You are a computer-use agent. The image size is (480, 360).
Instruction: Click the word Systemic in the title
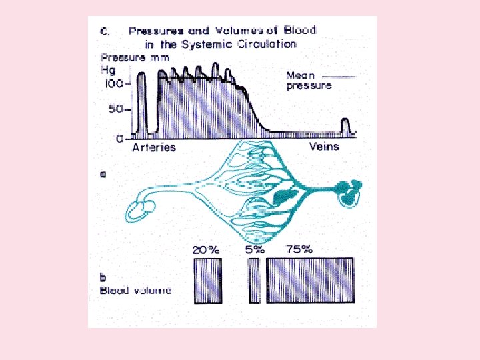click(x=207, y=44)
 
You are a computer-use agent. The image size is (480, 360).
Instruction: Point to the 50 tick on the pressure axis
click(x=116, y=111)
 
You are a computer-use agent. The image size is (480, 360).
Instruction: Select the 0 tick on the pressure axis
click(x=119, y=139)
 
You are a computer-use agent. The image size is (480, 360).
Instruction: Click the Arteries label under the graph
click(x=153, y=147)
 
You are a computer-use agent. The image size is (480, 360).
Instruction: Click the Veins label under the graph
click(x=324, y=147)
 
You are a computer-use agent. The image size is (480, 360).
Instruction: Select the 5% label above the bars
click(x=254, y=249)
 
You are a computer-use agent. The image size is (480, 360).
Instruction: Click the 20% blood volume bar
click(x=207, y=281)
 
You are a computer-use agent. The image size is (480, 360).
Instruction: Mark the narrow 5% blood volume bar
click(x=254, y=281)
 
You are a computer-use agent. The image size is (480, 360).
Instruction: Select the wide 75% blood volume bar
click(x=310, y=281)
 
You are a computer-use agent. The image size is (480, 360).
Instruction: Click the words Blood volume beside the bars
click(x=135, y=291)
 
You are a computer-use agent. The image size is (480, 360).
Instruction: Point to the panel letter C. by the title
click(x=105, y=31)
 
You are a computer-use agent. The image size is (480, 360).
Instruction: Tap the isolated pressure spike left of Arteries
click(x=141, y=103)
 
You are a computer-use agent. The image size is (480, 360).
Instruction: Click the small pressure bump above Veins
click(x=345, y=126)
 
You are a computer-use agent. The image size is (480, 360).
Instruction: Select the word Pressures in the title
click(x=157, y=31)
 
